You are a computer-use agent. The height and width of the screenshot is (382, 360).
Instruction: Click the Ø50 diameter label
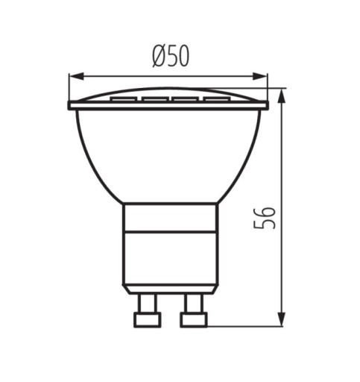click(x=171, y=57)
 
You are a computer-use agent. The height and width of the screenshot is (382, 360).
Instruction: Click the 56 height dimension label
click(x=265, y=218)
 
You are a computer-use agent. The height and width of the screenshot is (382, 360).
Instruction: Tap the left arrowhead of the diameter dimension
click(x=76, y=77)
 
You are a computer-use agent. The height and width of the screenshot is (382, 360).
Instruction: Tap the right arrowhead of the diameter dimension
click(x=260, y=77)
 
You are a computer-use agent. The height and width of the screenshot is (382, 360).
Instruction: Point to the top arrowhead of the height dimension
click(x=281, y=96)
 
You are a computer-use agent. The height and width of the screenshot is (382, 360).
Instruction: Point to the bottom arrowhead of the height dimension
click(x=281, y=319)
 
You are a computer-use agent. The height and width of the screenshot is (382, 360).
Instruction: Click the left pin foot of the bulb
click(x=148, y=320)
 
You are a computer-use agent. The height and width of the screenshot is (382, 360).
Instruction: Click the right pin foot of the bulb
click(x=194, y=320)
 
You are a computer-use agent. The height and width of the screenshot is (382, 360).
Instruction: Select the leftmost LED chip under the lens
click(x=124, y=99)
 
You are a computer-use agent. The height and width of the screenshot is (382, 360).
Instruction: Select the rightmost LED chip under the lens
click(x=215, y=99)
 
